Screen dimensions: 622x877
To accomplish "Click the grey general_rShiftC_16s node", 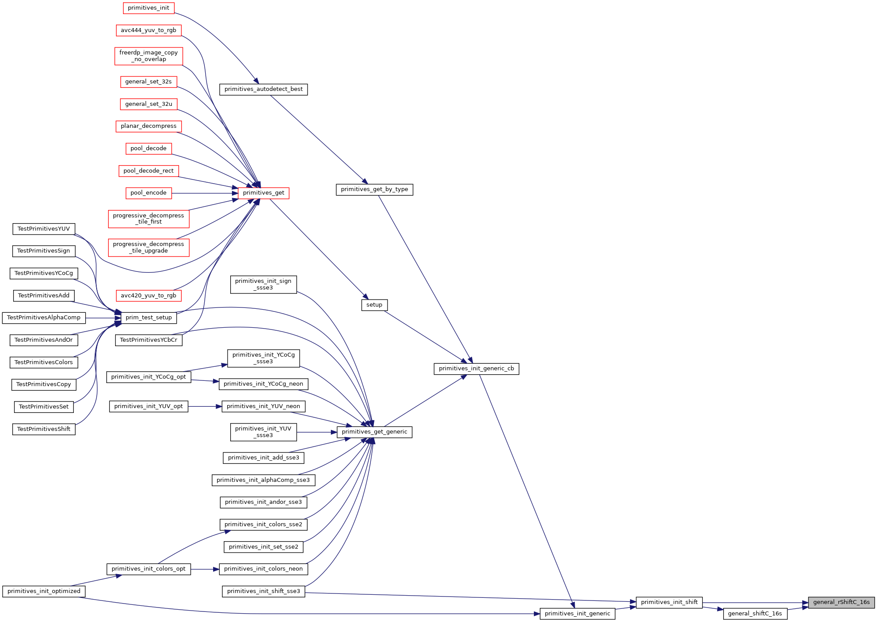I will click(841, 602).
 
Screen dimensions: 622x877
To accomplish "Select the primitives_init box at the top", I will click(149, 8).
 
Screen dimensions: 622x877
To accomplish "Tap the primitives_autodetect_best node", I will click(263, 89).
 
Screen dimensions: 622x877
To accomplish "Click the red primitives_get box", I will click(263, 193).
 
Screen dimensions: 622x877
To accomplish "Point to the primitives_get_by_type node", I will click(374, 189).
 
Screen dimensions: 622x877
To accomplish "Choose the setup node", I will click(374, 305).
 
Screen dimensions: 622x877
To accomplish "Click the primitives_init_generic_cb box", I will click(476, 369).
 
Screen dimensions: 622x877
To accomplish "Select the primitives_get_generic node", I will click(374, 432).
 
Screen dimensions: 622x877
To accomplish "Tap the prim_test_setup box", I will click(149, 318).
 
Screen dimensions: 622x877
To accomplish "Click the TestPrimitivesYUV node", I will click(43, 229).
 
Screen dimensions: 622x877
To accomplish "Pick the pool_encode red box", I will click(149, 193).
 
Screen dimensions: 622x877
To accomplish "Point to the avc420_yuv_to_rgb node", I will click(149, 296).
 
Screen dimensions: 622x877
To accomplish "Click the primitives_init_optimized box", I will click(43, 591).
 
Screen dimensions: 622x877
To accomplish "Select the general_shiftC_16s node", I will click(755, 614).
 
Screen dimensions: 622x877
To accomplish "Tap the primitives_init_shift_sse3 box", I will click(263, 591).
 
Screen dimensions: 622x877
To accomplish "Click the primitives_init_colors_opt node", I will click(149, 569).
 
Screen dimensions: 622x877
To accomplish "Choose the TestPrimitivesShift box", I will click(43, 429).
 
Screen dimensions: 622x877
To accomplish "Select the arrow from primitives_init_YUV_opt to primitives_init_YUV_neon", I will click(205, 407).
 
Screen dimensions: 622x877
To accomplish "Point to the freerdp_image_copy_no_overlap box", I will click(149, 56).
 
